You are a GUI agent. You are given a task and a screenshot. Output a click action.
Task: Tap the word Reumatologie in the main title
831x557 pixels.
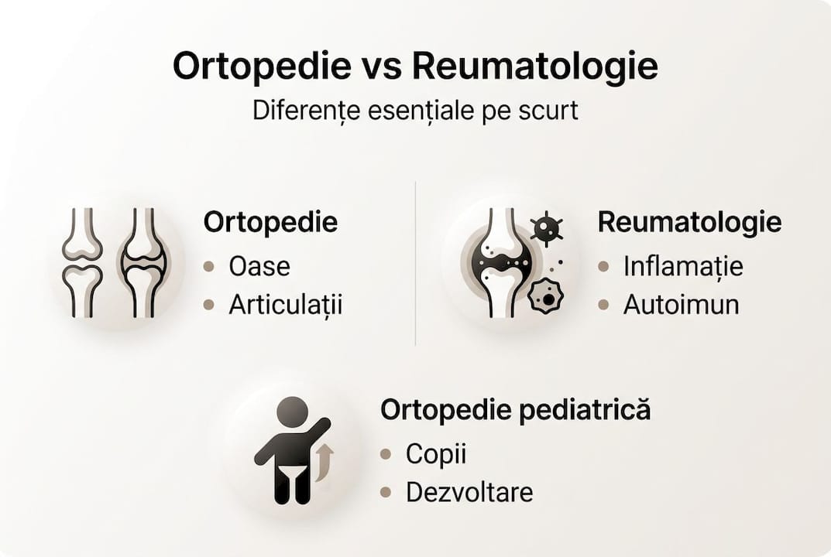pos(534,67)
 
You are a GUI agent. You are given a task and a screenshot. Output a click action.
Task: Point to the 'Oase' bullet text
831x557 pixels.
pos(259,266)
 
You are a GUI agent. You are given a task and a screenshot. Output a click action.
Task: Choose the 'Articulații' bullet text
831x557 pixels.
pos(285,305)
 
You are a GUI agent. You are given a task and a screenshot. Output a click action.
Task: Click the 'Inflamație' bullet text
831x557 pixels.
pos(683,266)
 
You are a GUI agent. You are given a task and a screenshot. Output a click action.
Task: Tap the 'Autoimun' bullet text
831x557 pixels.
pos(681,305)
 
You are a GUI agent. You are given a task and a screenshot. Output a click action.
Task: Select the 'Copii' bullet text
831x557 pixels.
pos(436,454)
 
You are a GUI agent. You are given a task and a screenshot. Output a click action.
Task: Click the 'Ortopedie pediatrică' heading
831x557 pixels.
pos(515,411)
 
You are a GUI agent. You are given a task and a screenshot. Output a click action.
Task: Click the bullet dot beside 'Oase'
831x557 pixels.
pos(208,267)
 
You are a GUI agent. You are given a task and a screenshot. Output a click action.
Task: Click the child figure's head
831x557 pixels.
pos(292,411)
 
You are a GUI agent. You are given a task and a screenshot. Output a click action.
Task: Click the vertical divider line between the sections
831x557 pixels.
pos(416,263)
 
